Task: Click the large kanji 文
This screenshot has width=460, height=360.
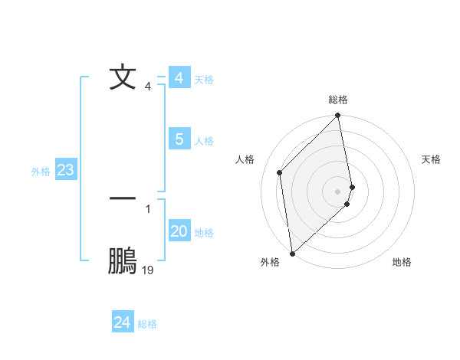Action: point(123,77)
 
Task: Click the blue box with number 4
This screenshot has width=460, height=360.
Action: point(179,78)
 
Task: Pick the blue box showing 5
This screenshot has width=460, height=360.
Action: point(179,139)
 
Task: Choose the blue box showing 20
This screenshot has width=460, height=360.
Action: point(179,231)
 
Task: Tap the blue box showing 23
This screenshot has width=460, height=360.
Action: point(65,170)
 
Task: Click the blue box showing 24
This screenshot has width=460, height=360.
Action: point(122,322)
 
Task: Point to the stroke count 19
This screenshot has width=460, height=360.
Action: point(148,270)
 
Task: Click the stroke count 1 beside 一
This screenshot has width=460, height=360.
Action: point(147,208)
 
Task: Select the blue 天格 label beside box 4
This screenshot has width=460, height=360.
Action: point(204,80)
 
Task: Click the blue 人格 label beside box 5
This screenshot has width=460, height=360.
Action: point(204,141)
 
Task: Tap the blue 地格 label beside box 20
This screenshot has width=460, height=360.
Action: point(204,233)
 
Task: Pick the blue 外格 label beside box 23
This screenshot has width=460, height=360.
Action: point(41,172)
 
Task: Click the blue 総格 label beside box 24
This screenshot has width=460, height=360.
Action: point(147,324)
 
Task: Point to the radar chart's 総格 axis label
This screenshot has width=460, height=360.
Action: point(338,100)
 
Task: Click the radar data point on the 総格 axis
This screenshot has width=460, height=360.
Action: point(338,116)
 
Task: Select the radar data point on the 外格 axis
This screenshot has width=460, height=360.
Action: point(292,253)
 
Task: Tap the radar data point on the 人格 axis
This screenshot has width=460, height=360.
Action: point(280,172)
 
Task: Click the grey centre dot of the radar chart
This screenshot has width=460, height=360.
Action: point(338,191)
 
